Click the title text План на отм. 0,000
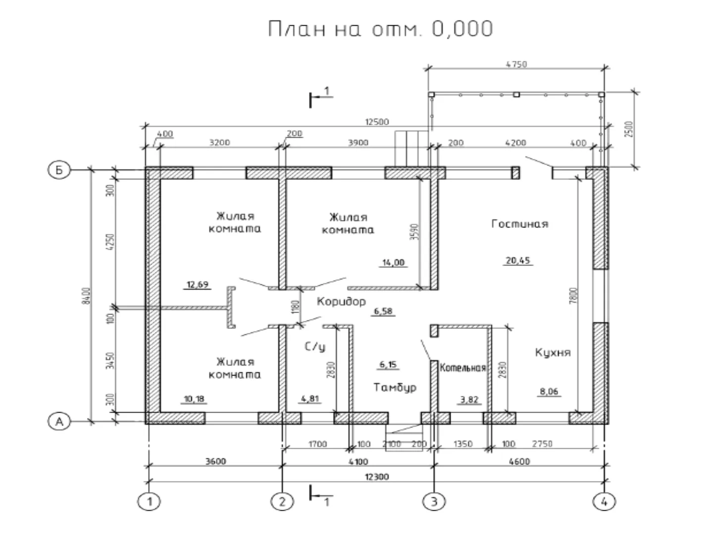click(x=380, y=29)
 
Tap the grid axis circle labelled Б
click(x=58, y=170)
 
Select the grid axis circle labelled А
click(x=58, y=422)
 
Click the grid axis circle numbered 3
click(x=434, y=501)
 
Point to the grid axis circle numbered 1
click(x=149, y=501)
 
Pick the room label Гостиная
click(x=520, y=224)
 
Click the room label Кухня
click(x=553, y=353)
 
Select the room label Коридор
click(x=341, y=301)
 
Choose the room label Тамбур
click(x=395, y=387)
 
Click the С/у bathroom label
click(x=315, y=347)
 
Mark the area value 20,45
click(x=519, y=260)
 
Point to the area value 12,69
click(x=197, y=284)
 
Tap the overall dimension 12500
click(x=377, y=122)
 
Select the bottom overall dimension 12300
click(x=377, y=477)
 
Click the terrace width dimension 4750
click(x=516, y=64)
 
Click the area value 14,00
click(x=394, y=263)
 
